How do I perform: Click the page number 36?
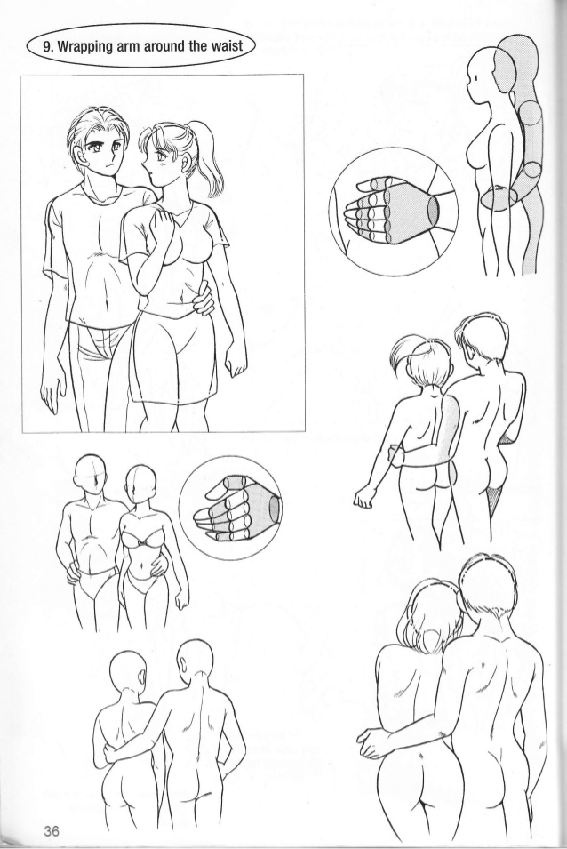(x=52, y=830)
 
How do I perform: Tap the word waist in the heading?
(x=225, y=45)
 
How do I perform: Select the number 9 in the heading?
(x=47, y=45)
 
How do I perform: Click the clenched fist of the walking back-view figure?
(x=363, y=497)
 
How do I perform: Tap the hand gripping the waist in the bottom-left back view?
(x=110, y=753)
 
